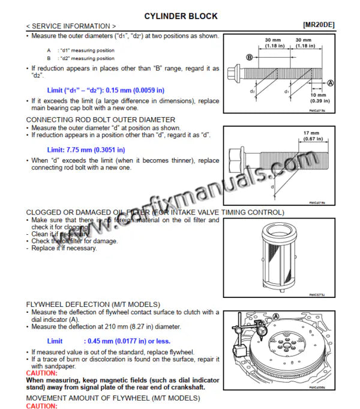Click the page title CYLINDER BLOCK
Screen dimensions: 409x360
[181, 16]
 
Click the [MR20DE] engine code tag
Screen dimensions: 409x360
[319, 26]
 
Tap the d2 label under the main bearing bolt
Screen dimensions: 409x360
[253, 92]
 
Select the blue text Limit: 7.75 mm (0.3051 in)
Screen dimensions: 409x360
[86, 150]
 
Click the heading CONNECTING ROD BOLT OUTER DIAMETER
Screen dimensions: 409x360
[101, 120]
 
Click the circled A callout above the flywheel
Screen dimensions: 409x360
[276, 317]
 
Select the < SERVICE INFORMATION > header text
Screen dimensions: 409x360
[71, 26]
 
